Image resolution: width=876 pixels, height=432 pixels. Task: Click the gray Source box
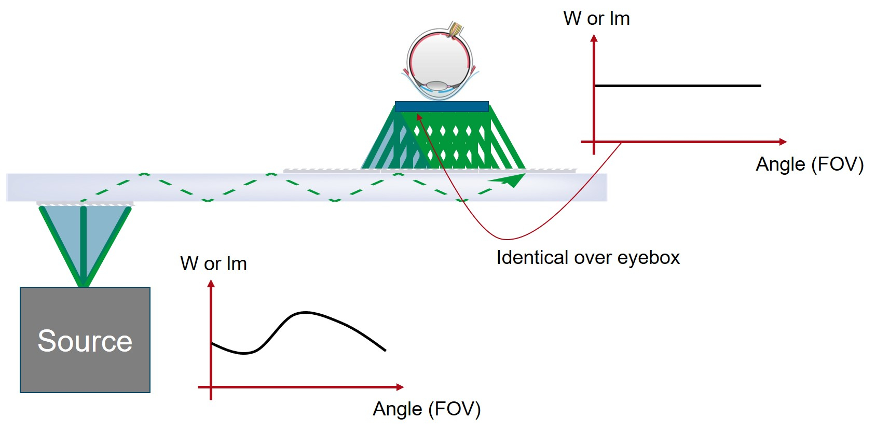[85, 340]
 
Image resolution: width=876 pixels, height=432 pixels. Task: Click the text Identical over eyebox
[587, 258]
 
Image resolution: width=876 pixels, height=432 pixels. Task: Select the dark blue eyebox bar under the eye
[442, 107]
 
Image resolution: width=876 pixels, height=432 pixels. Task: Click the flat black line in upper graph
[678, 86]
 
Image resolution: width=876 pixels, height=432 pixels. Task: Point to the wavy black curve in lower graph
[306, 313]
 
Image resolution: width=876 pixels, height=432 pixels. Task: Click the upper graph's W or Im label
[596, 19]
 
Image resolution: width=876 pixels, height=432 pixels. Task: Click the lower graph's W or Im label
[213, 264]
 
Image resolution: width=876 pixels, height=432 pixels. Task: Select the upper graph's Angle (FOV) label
[809, 164]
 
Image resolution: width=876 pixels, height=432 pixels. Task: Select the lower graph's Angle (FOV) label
[427, 409]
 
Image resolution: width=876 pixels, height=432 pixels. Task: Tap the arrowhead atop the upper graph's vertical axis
[594, 38]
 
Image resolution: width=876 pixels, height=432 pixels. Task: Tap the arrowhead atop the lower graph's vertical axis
[211, 284]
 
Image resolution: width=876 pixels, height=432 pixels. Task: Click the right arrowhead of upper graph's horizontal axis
[783, 142]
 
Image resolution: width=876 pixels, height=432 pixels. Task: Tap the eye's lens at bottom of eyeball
[436, 86]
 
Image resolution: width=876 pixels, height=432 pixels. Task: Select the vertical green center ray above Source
[84, 244]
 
